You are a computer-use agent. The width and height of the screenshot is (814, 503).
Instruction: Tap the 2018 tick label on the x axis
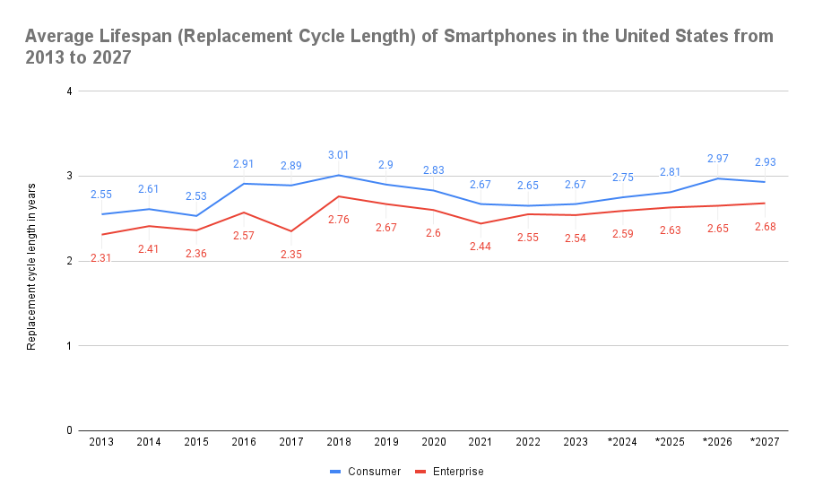(340, 442)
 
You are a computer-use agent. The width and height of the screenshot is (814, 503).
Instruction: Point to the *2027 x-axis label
(765, 442)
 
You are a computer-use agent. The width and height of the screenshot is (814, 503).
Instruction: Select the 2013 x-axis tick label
(102, 442)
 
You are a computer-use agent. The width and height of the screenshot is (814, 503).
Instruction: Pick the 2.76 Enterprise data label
(339, 219)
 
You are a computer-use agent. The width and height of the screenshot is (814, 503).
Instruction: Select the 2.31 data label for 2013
(101, 257)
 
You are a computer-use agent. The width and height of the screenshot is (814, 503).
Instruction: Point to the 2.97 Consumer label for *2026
(718, 159)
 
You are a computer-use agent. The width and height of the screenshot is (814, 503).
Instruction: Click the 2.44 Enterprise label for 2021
(481, 246)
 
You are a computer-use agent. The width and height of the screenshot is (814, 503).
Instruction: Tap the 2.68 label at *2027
(765, 226)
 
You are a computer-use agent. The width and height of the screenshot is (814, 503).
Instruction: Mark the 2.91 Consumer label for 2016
(244, 164)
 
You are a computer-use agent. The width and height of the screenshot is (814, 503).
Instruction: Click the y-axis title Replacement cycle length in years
(31, 265)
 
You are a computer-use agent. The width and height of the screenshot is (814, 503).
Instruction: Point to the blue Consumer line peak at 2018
(340, 175)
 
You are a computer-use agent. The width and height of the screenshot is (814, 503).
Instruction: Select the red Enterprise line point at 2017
(292, 231)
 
